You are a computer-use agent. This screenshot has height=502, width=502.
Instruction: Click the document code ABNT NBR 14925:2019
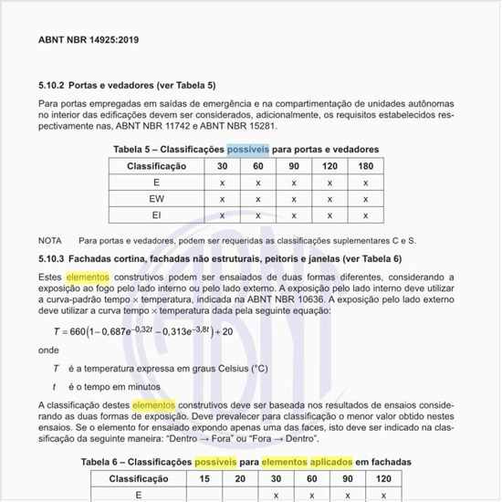tap(89, 41)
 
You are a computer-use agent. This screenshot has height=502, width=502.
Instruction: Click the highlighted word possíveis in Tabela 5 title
tap(248, 149)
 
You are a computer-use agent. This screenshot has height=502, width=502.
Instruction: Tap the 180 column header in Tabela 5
tap(365, 166)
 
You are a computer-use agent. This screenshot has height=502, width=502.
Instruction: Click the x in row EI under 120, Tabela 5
tap(329, 214)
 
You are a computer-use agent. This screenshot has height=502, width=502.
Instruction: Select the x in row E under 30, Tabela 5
tap(222, 183)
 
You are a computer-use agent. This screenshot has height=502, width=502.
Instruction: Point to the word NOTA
tap(50, 240)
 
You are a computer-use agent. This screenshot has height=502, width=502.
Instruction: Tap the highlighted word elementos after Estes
tap(88, 276)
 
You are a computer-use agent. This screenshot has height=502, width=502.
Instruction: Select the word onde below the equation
tap(48, 350)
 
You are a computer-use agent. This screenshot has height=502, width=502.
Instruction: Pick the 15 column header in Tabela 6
tap(204, 479)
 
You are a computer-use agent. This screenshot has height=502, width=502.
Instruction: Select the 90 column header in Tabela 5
tap(293, 166)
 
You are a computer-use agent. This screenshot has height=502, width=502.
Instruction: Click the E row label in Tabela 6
tap(138, 495)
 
